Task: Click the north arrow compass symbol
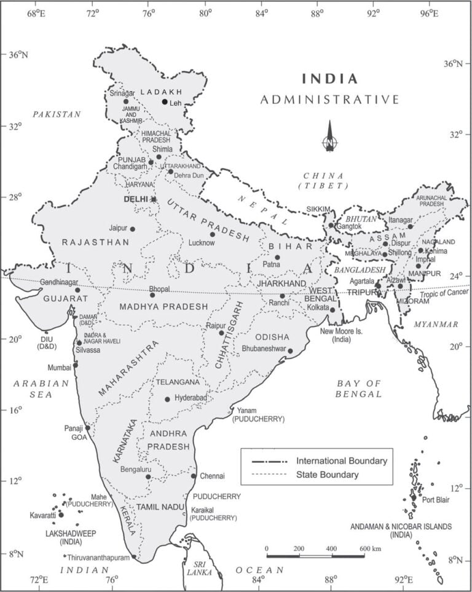[x=330, y=136]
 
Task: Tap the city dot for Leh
[x=165, y=101]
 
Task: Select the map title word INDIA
[x=329, y=79]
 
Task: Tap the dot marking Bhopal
[x=152, y=295]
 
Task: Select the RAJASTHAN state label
[x=95, y=243]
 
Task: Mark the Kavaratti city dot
[x=61, y=515]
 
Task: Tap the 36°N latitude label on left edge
[x=18, y=55]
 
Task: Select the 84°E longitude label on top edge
[x=263, y=12]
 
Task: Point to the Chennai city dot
[x=194, y=476]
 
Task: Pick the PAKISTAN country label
[x=57, y=114]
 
